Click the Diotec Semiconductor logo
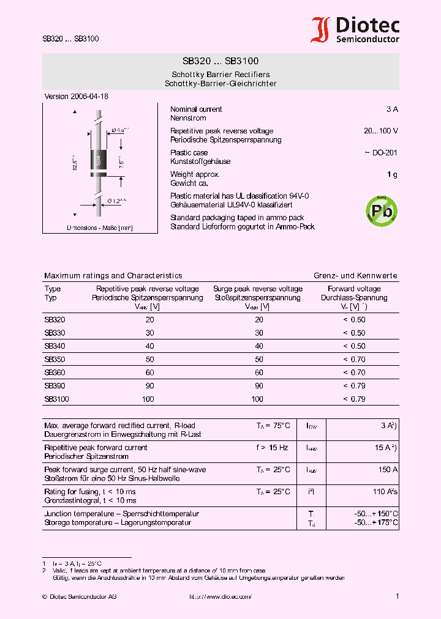(355, 29)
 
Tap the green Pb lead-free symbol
(380, 212)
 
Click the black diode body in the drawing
(97, 160)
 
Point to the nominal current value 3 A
(392, 109)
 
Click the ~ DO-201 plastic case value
(380, 153)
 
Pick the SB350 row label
(55, 360)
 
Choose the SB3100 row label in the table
(56, 399)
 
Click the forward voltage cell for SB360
(354, 373)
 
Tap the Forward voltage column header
(354, 289)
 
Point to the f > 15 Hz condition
(272, 448)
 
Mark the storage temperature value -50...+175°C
(377, 523)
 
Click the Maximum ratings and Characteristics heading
(113, 276)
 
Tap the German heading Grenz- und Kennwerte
(355, 276)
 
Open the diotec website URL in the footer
(221, 596)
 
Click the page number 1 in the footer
(397, 596)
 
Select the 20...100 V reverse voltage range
(380, 131)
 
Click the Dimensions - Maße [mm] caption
(99, 228)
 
